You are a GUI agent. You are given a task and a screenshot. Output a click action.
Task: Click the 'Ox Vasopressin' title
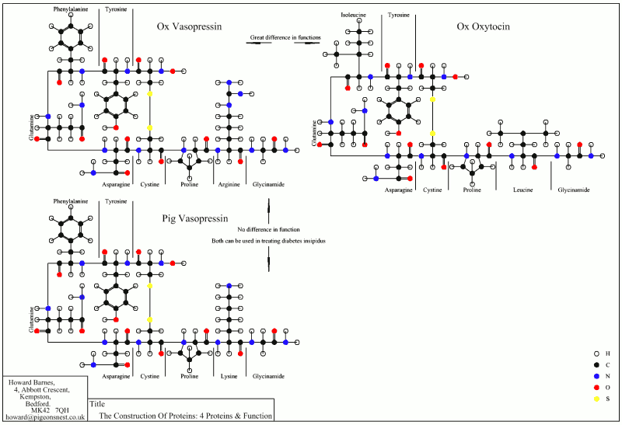(x=189, y=26)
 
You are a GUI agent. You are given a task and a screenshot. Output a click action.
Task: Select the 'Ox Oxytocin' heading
(x=483, y=26)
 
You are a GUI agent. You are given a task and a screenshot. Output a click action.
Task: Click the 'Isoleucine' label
(x=355, y=15)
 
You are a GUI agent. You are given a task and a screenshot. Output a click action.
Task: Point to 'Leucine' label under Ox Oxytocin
(x=522, y=190)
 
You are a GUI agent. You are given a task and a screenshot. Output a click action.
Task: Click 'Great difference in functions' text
(x=285, y=37)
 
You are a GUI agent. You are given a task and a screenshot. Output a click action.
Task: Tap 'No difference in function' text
(x=268, y=230)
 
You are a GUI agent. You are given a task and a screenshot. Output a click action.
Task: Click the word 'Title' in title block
(x=97, y=404)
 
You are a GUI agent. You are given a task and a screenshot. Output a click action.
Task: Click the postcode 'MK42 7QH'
(x=50, y=409)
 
